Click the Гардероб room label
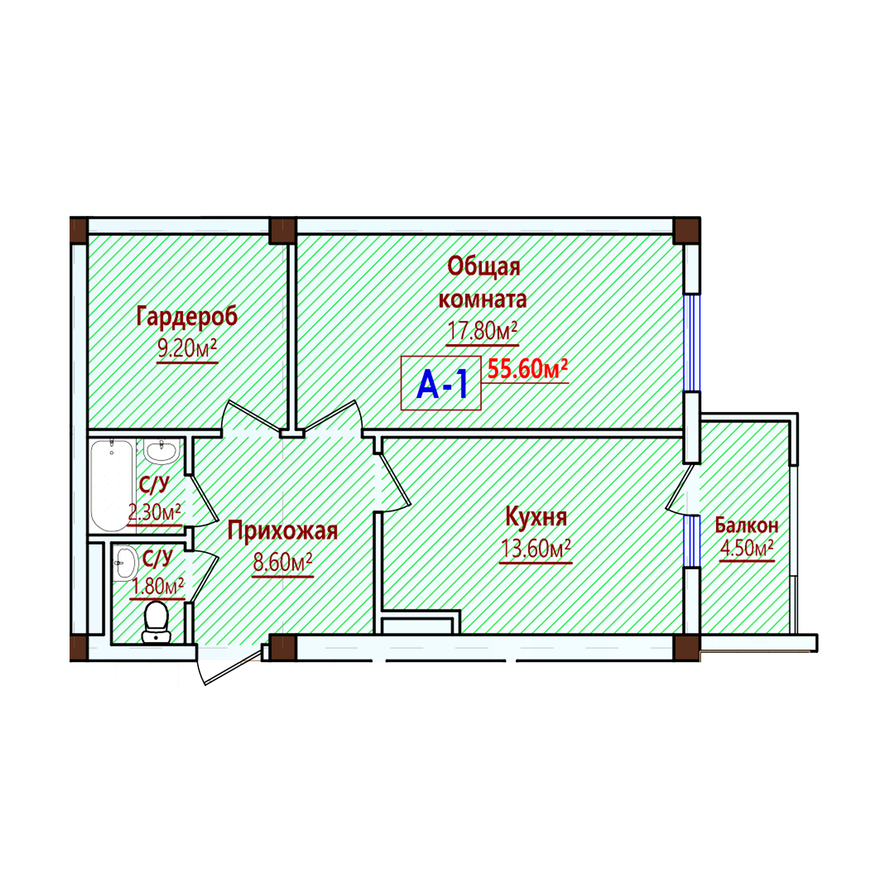187,317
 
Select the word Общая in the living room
484,267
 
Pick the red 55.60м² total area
528,369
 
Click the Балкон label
747,525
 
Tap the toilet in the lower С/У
156,622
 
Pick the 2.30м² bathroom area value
154,512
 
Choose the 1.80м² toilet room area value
157,586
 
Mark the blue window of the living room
692,343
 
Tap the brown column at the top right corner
686,230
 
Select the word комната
483,300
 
